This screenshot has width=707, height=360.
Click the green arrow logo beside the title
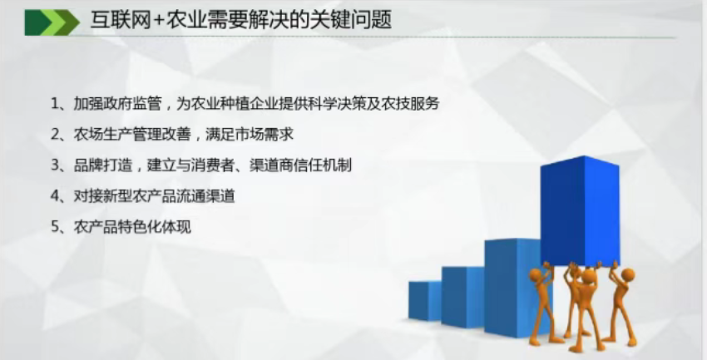tap(52, 22)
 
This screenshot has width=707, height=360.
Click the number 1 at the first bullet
tap(55, 104)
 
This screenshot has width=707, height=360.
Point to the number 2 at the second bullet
tap(55, 134)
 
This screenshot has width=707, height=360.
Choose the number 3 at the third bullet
tap(55, 165)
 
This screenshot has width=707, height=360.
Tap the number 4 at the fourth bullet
tap(55, 195)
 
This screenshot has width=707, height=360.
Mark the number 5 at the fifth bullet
tap(55, 226)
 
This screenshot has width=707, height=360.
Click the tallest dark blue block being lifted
tap(580, 210)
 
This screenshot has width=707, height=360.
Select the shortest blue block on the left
tap(425, 300)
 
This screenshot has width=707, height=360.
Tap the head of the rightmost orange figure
tap(628, 274)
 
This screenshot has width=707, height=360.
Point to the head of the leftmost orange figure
tap(536, 274)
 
